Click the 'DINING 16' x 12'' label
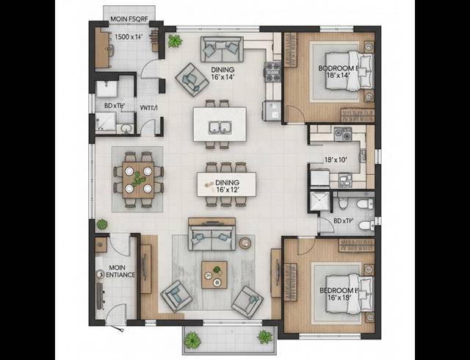point(226,185)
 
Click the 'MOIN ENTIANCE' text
point(117,271)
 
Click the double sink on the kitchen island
point(220,127)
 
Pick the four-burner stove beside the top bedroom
point(274,71)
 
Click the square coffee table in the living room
point(214,275)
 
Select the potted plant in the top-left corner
point(174,41)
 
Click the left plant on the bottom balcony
point(193,339)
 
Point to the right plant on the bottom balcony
point(264,336)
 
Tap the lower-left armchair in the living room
point(176,295)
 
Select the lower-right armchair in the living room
point(247,300)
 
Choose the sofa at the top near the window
point(221,50)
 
